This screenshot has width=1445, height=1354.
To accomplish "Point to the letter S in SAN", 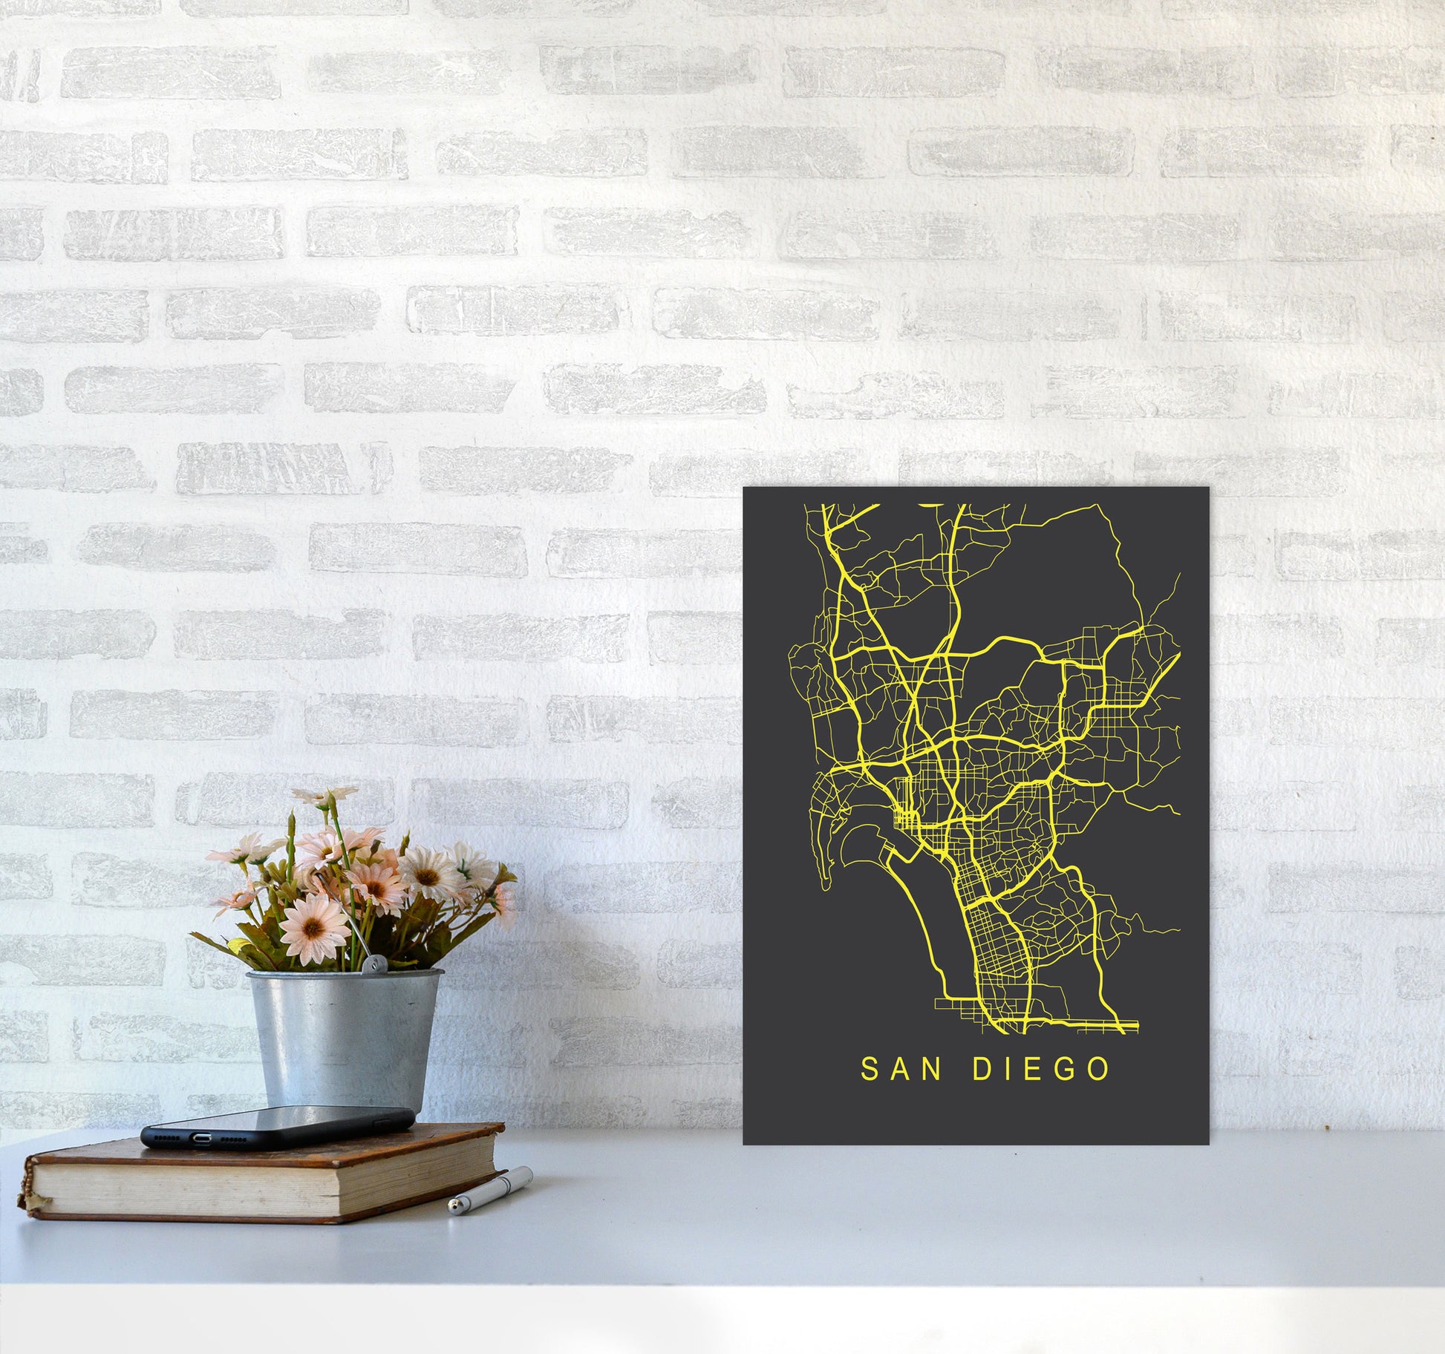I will (x=868, y=1070).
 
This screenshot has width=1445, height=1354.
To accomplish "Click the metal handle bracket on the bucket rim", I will (x=366, y=966).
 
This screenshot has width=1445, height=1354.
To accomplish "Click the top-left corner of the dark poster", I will (x=745, y=489).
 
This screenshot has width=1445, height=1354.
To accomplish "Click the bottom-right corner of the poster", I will (x=1207, y=1144).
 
